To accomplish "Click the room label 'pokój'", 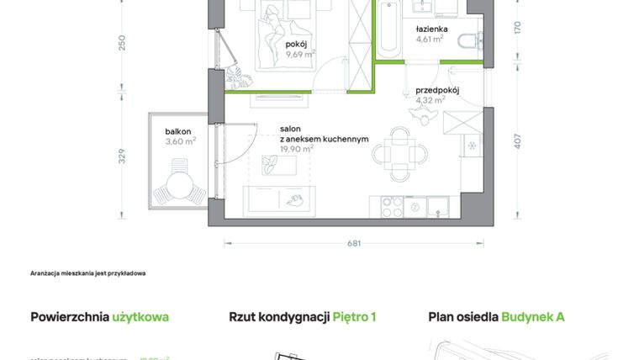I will [294, 44].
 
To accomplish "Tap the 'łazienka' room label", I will [431, 29].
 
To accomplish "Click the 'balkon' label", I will [178, 131].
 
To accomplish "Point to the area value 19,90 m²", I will [297, 149].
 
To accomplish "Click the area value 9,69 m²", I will [299, 54].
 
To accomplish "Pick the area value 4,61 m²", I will [430, 38].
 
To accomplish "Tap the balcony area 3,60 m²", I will [181, 141].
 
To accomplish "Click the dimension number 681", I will [354, 244].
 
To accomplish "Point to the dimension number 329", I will [122, 156].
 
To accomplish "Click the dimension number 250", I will [122, 42].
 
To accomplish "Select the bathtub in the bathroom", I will [388, 29].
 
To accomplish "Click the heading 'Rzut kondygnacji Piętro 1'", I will [303, 317].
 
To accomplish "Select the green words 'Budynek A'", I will [533, 317].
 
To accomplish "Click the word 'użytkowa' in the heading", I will [140, 317].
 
